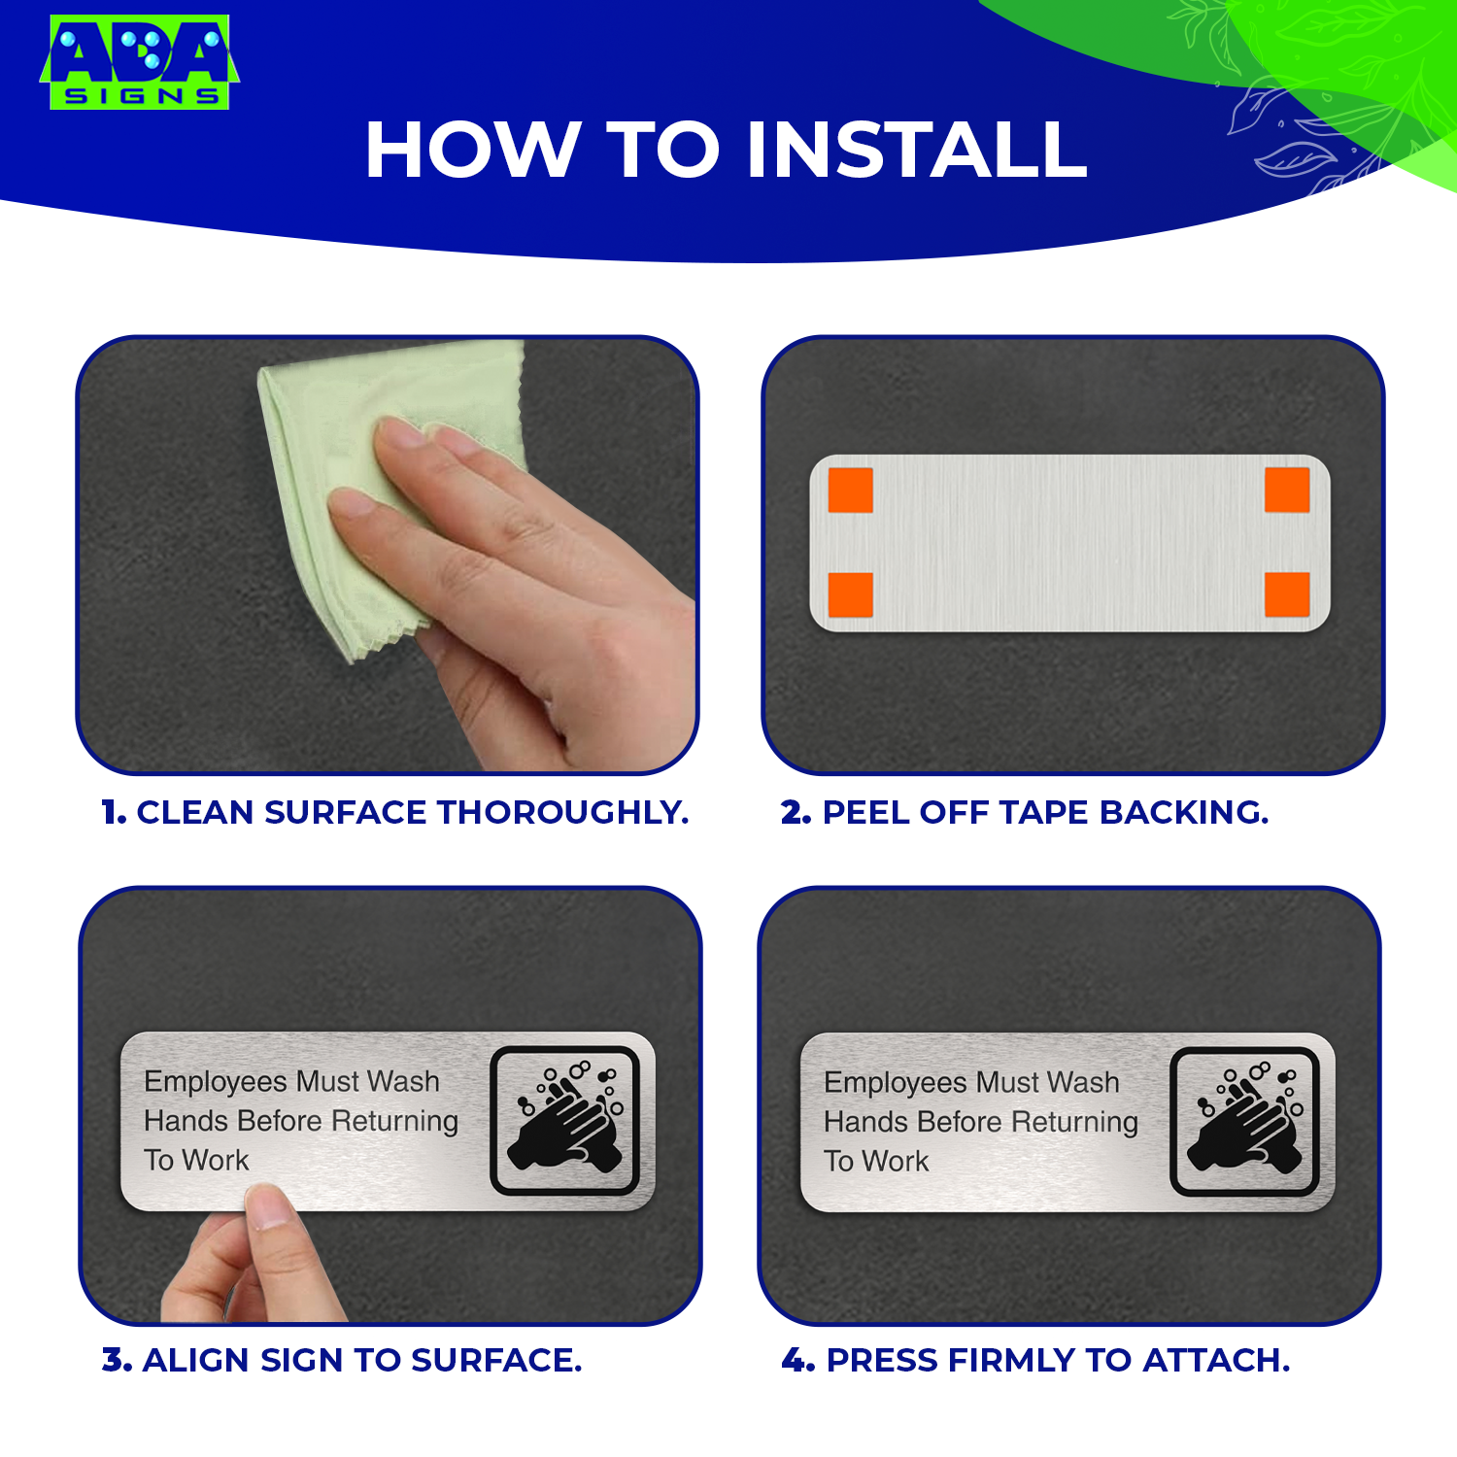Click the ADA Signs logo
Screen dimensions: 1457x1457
click(x=139, y=61)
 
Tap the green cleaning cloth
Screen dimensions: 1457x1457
click(x=389, y=486)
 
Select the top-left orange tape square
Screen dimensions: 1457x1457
click(x=850, y=490)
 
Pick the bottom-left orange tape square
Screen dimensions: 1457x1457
click(x=850, y=594)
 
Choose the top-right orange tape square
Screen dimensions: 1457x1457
click(x=1287, y=490)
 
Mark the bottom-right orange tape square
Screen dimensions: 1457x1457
click(x=1287, y=594)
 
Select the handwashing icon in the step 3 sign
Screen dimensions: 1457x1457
click(x=564, y=1120)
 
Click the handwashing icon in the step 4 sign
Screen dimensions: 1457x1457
click(x=1244, y=1121)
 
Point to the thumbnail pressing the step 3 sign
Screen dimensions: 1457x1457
click(x=269, y=1210)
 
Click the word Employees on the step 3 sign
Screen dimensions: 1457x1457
click(x=215, y=1082)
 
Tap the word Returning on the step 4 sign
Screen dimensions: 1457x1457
click(x=1074, y=1123)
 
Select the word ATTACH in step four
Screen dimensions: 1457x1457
click(x=1216, y=1360)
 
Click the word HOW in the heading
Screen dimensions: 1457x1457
click(x=472, y=151)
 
